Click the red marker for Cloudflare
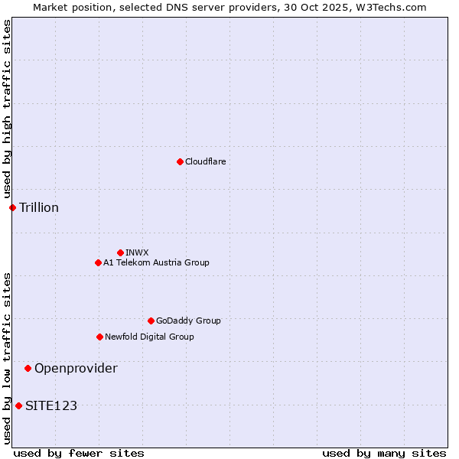click(180, 161)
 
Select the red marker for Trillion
click(12, 207)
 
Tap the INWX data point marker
click(120, 252)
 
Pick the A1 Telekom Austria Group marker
click(98, 262)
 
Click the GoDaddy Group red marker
click(151, 321)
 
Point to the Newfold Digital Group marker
click(99, 337)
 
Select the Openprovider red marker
click(28, 368)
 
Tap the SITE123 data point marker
click(18, 405)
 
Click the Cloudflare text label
click(206, 161)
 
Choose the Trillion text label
click(39, 207)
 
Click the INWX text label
click(137, 252)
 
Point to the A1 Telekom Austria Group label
click(156, 262)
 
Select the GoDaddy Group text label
click(188, 321)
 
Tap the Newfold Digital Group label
click(149, 337)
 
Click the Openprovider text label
click(76, 368)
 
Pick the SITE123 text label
click(51, 405)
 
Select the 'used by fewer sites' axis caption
click(79, 453)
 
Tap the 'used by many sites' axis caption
click(384, 453)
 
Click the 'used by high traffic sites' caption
click(7, 109)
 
